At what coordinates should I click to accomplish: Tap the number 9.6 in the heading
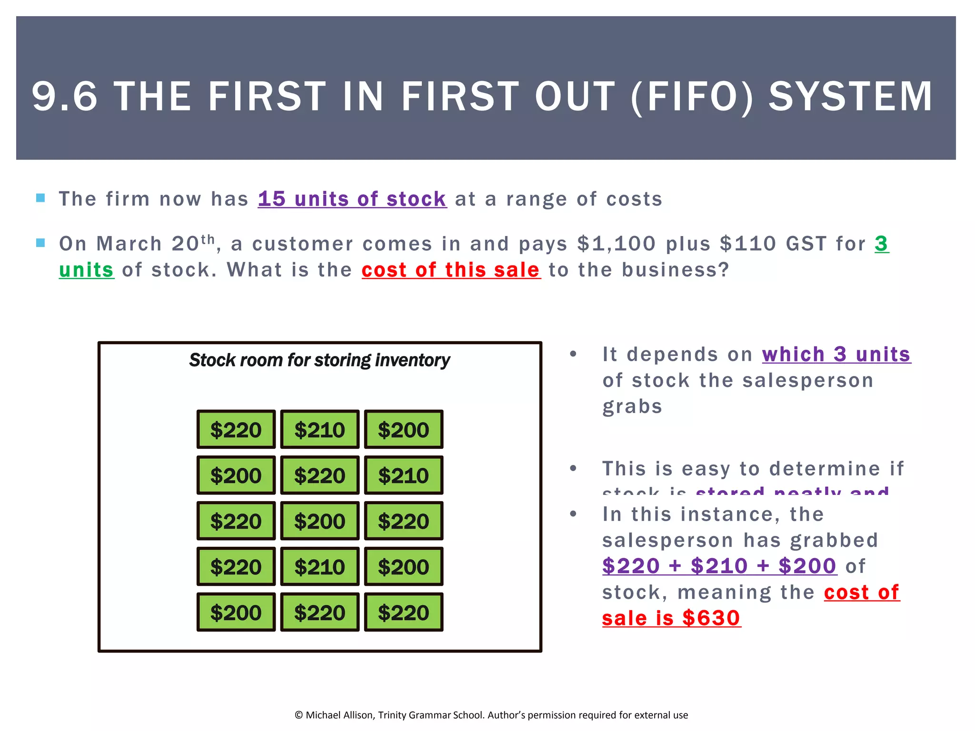point(65,97)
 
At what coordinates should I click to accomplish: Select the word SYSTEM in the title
point(850,97)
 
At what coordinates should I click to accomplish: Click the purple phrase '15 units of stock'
point(352,199)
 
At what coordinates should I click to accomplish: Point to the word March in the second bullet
point(129,244)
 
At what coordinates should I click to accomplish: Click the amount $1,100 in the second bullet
point(616,244)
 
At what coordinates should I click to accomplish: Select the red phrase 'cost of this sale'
point(451,270)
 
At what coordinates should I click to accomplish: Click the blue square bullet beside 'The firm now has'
point(40,198)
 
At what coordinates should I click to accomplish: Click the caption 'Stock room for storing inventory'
point(319,360)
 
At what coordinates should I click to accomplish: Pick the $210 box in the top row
point(319,430)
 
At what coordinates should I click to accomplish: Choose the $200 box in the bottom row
point(236,612)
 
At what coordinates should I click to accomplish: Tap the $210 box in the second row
point(403,475)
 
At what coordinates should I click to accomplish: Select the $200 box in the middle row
point(319,521)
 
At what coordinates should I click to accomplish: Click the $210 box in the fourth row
point(319,567)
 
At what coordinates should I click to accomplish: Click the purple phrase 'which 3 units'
point(836,355)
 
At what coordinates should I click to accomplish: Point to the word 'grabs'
point(632,407)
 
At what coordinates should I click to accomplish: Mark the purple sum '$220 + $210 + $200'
point(719,566)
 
